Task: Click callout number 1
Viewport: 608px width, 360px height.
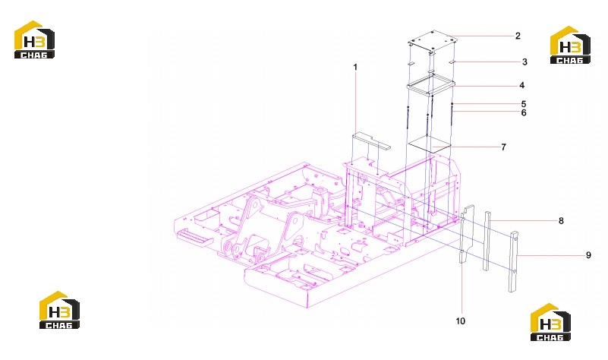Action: tap(355, 67)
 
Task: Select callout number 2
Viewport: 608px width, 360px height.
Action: tap(518, 36)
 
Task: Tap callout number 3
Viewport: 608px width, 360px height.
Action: tap(525, 62)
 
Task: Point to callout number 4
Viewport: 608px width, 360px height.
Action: tap(522, 85)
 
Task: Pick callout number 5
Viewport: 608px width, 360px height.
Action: tap(524, 104)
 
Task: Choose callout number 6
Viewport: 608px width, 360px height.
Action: tap(524, 112)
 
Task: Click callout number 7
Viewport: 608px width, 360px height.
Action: tap(503, 147)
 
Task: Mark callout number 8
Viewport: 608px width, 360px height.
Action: tap(561, 221)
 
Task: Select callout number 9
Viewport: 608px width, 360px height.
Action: tap(588, 255)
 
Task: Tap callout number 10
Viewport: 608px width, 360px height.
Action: tap(460, 321)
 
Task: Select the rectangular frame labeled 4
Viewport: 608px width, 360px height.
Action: tap(430, 85)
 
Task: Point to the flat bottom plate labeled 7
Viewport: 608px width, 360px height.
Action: tap(430, 144)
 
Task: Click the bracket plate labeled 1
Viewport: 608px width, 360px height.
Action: tap(370, 141)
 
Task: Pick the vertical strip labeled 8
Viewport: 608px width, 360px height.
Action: tap(487, 241)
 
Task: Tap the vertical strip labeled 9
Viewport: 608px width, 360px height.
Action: tap(513, 261)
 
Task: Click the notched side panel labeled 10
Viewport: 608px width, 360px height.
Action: tap(466, 232)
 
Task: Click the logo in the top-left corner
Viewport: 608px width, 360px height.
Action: tap(34, 39)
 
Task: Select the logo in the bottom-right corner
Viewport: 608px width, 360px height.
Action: tap(550, 322)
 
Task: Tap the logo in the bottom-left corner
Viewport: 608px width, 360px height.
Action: tap(59, 310)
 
